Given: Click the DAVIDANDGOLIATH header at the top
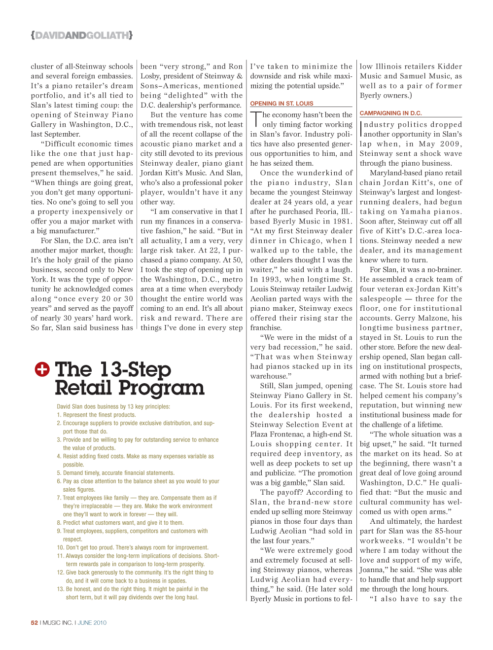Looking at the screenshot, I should coord(81,35).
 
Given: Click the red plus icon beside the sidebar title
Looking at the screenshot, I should coord(42,369).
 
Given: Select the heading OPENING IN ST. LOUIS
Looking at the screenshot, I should coord(282,104).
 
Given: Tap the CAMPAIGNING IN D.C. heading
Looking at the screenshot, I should coord(390,113).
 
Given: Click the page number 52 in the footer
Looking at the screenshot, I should coord(34,623).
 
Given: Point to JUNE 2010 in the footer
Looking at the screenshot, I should coord(92,623).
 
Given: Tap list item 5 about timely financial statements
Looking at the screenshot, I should coord(115,473).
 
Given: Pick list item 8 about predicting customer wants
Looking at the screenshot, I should coord(120,523).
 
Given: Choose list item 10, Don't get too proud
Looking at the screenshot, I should coord(132,547).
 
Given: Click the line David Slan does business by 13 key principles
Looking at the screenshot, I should coord(113,407).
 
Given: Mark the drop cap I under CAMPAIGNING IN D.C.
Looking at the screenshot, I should coord(361,129).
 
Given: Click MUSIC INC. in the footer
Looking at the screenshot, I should coord(58,623).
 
